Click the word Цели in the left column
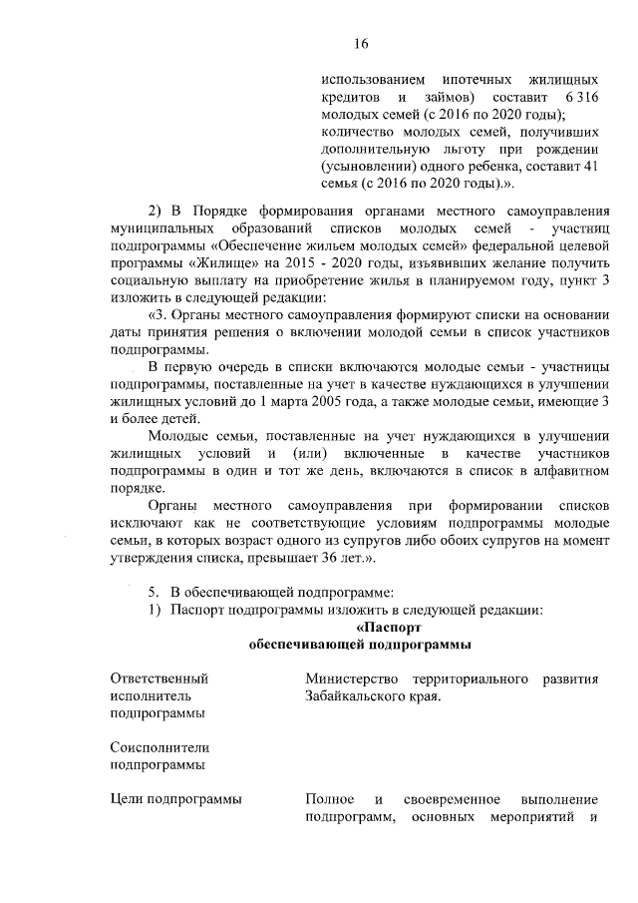click(x=129, y=800)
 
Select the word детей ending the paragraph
click(x=164, y=421)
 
